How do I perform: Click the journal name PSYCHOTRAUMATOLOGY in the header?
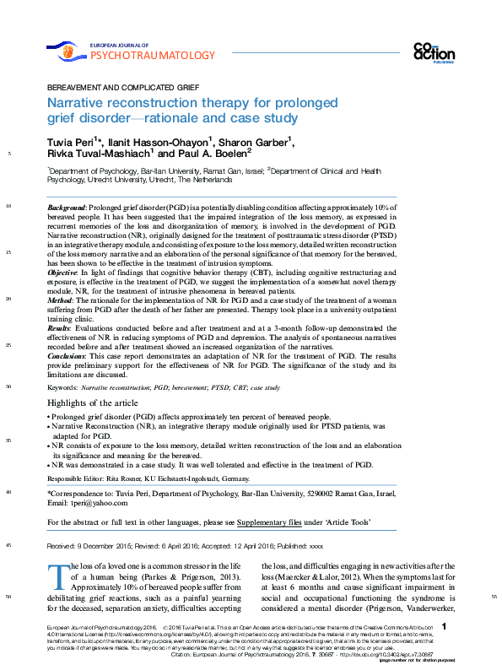coord(152,56)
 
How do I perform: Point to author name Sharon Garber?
coord(261,141)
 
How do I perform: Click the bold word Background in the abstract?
coord(66,207)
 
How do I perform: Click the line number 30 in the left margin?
coord(8,386)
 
